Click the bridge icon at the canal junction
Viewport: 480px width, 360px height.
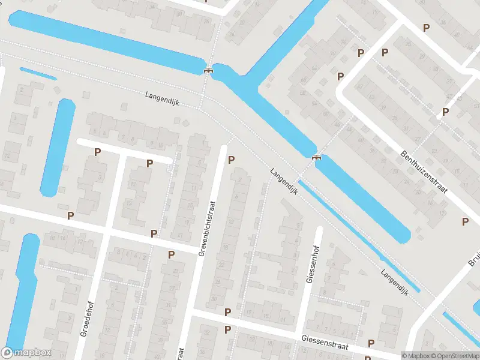(x=208, y=70)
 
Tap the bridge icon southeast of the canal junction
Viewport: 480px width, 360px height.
(x=316, y=157)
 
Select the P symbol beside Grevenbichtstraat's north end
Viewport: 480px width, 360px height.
(x=231, y=160)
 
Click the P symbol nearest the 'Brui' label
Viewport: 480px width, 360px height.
(x=465, y=221)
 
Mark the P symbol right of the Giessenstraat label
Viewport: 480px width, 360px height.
(x=371, y=344)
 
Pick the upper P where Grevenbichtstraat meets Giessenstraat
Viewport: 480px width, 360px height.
(x=227, y=312)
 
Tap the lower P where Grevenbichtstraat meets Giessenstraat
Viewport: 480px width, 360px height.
(x=227, y=329)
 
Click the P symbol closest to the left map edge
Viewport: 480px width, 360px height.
(x=70, y=215)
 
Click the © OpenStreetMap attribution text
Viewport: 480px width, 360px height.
(x=456, y=356)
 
